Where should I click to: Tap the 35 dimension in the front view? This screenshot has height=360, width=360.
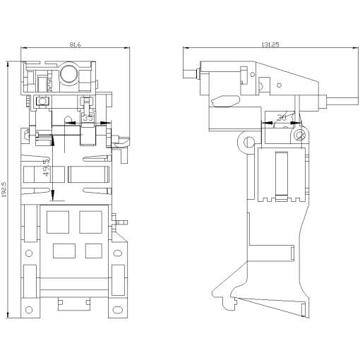tap(88, 119)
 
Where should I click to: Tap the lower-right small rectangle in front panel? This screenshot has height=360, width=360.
tap(93, 250)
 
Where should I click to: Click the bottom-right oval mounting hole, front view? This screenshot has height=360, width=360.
tap(116, 308)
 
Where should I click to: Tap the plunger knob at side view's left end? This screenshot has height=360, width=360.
tap(187, 74)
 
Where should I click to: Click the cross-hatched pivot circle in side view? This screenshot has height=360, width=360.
tap(301, 133)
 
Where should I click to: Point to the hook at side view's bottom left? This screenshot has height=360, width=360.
tap(229, 301)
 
